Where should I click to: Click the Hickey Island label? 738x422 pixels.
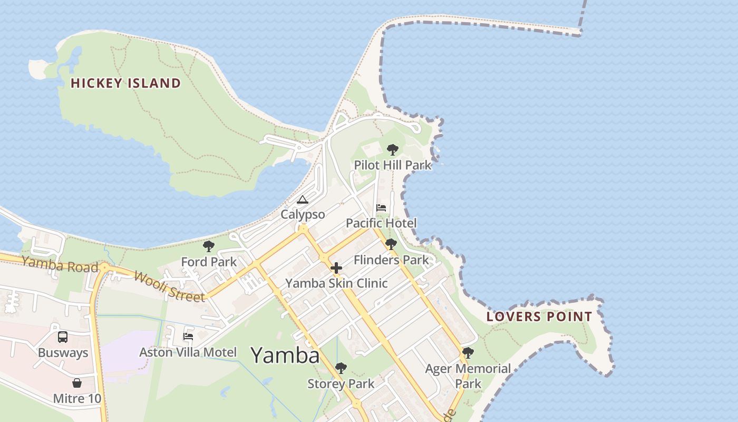(x=125, y=83)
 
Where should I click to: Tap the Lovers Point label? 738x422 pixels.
(x=539, y=316)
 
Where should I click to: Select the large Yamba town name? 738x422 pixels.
(x=285, y=356)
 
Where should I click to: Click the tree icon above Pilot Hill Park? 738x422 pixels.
(x=392, y=150)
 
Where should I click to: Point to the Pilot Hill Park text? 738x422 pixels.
(x=392, y=165)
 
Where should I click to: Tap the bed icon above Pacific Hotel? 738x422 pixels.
(x=381, y=208)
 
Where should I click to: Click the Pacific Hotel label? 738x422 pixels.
(x=381, y=223)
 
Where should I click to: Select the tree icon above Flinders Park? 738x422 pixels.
(x=391, y=244)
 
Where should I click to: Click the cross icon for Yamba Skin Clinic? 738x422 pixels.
(x=336, y=268)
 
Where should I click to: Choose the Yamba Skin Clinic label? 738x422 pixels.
(x=336, y=283)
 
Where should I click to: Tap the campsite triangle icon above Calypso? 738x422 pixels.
(x=302, y=199)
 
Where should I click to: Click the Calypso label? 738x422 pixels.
(x=302, y=215)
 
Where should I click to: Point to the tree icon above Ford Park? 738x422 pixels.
(x=209, y=246)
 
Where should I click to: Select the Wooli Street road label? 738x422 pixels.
(x=169, y=286)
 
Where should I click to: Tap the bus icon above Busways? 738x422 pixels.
(x=63, y=337)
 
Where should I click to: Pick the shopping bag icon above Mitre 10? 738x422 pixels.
(x=77, y=383)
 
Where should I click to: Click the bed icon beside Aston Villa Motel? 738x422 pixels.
(x=188, y=336)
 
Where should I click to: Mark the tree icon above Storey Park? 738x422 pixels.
(x=341, y=368)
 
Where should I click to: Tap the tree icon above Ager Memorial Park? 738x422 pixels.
(x=468, y=353)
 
